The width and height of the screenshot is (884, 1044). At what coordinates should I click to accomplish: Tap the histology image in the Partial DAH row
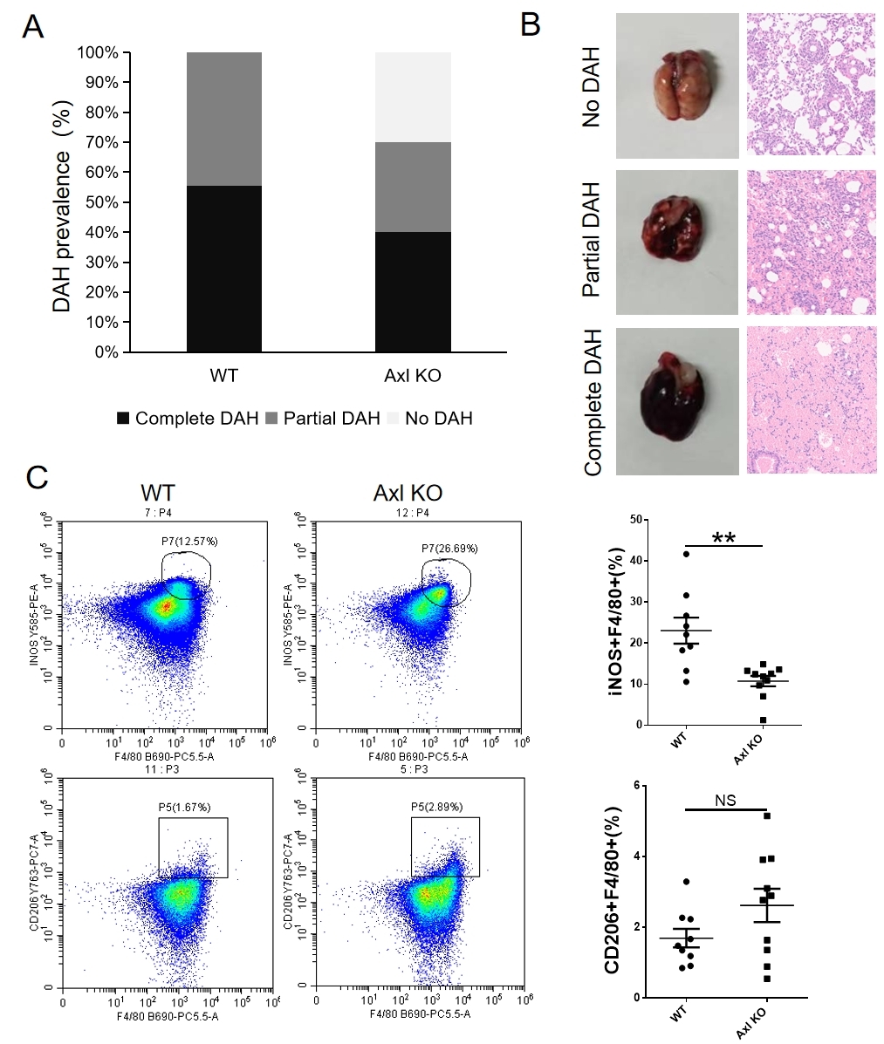click(811, 242)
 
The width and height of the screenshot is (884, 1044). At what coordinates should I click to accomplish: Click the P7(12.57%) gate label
click(189, 542)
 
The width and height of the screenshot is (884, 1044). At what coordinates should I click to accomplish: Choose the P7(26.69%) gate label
click(449, 548)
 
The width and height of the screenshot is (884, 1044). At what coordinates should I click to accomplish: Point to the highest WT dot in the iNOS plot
click(687, 554)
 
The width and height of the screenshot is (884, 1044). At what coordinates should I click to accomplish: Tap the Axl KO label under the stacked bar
click(413, 377)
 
